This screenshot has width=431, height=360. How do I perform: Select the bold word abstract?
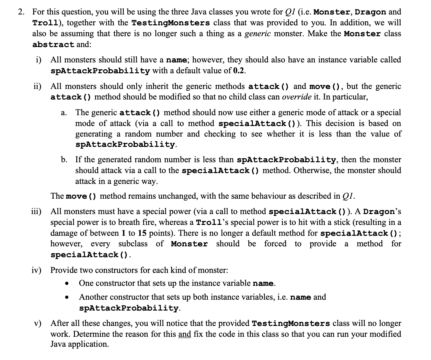tap(53, 45)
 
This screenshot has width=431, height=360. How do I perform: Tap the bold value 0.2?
tap(239, 71)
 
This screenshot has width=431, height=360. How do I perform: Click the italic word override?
tap(293, 97)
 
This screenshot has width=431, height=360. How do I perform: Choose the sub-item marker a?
tap(63, 113)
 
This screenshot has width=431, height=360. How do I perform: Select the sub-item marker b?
tap(64, 159)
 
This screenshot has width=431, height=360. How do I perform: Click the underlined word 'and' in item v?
tap(185, 334)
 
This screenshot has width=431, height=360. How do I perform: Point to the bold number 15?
tap(142, 233)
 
